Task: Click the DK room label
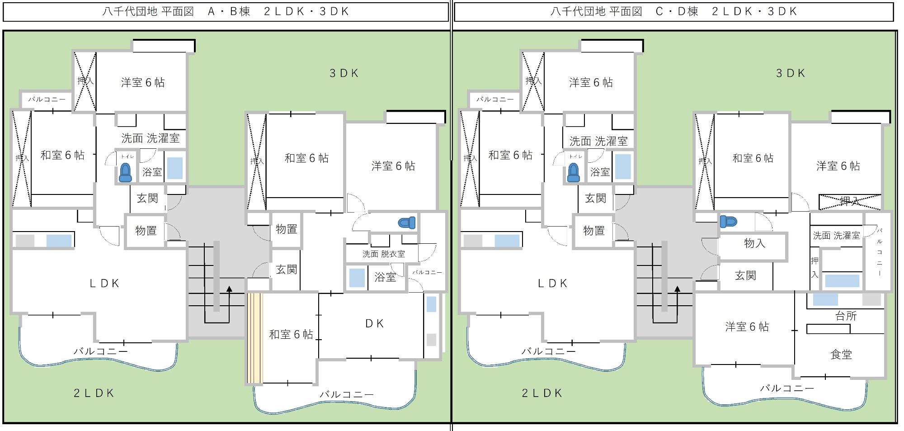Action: point(374,323)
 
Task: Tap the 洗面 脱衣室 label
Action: point(384,254)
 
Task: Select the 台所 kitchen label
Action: point(846,316)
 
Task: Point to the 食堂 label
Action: point(841,355)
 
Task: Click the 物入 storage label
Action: point(754,243)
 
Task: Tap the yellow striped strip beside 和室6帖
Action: point(255,338)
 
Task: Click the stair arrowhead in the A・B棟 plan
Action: point(229,289)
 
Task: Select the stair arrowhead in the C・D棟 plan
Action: point(678,289)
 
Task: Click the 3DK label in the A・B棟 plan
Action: point(344,73)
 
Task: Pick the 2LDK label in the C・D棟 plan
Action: point(542,393)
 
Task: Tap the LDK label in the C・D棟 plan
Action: point(552,284)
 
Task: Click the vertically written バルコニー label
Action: point(880,252)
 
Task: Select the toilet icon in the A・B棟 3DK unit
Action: point(407,223)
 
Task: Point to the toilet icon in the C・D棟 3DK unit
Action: point(728,222)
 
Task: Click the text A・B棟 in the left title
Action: point(229,11)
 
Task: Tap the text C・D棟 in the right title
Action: point(677,11)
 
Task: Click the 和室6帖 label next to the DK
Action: point(291,334)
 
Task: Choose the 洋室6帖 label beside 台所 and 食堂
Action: point(747,327)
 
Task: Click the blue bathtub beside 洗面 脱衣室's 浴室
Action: point(357,278)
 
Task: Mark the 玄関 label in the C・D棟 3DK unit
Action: point(745,275)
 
